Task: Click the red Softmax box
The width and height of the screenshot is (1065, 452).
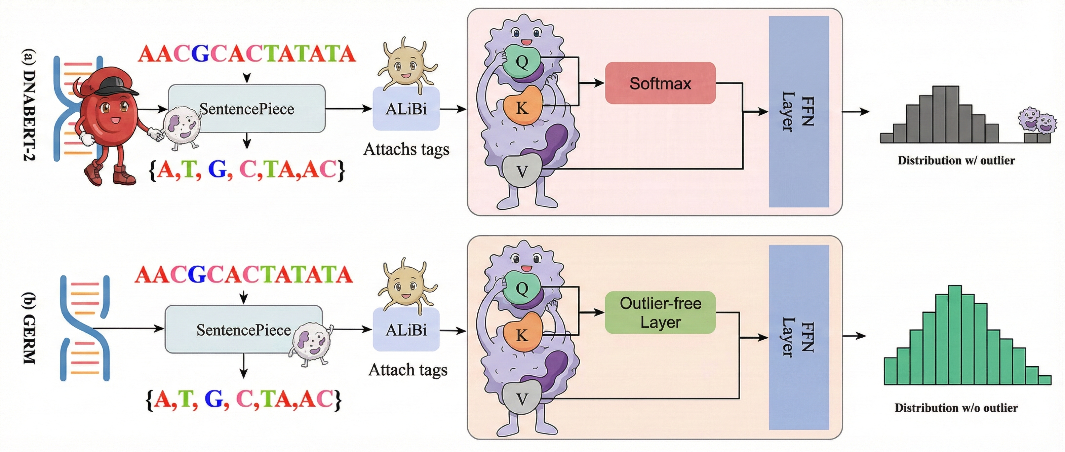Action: point(660,83)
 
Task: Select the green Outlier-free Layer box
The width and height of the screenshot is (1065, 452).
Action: point(660,313)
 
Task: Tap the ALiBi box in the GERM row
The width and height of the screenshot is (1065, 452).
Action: point(406,330)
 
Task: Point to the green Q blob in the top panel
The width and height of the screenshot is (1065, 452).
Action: point(522,62)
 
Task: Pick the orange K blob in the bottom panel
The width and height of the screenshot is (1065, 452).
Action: point(522,334)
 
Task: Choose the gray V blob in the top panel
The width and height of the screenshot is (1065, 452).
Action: point(522,171)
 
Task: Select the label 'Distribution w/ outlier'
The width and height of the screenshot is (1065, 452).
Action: point(956,160)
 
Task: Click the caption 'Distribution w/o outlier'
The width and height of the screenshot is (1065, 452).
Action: point(956,408)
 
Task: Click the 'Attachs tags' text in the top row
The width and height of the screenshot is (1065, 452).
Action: point(406,149)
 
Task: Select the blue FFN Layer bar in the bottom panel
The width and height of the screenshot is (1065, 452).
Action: point(799,337)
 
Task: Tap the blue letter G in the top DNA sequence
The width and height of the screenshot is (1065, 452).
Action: point(200,54)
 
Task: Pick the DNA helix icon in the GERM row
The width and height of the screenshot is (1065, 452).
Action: point(85,328)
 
